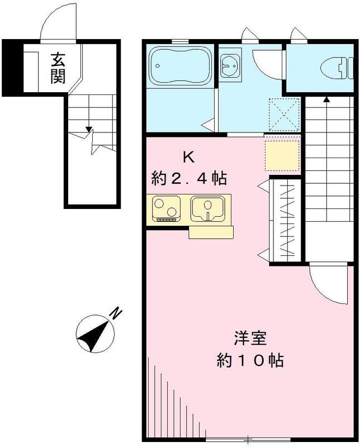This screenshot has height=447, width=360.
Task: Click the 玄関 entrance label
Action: [x=58, y=67]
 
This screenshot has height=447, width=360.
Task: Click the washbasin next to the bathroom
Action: [x=229, y=67]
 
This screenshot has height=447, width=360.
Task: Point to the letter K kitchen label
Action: [x=189, y=157]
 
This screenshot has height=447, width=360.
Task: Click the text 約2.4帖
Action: [x=189, y=179]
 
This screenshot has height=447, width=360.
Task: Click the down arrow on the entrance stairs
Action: [x=88, y=131]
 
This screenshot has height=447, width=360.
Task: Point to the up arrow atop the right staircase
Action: [x=326, y=99]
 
